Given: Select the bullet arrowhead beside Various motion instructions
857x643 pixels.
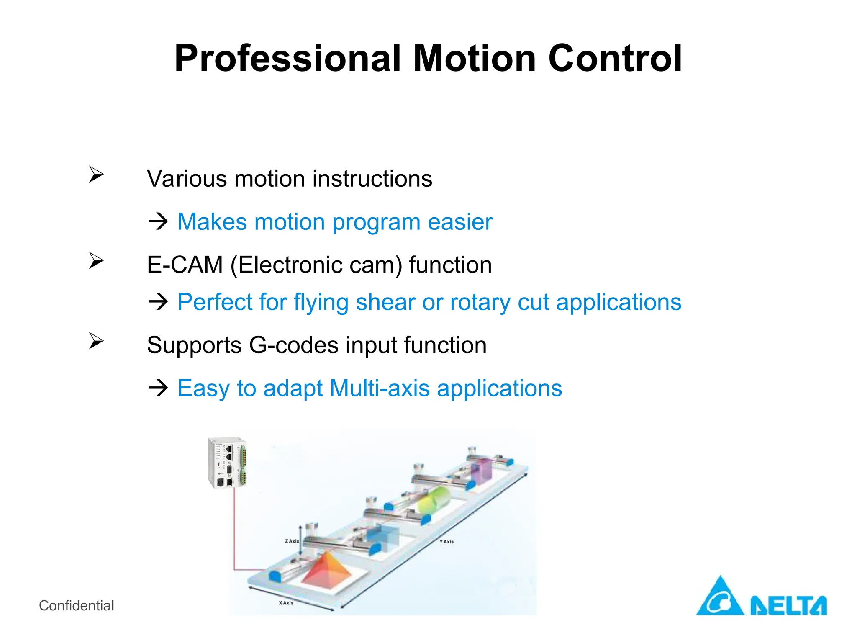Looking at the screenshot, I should [96, 174].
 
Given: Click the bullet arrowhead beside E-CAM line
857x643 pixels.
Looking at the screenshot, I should [96, 261].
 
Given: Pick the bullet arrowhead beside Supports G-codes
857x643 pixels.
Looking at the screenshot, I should [96, 341].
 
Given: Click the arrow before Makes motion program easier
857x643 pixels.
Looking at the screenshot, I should [158, 221].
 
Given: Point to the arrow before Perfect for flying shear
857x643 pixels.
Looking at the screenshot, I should [158, 301].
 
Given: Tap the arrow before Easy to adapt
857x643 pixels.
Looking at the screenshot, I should [158, 388].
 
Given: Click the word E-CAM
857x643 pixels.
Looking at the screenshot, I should [185, 265].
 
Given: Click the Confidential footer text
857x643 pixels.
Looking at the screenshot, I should [76, 605].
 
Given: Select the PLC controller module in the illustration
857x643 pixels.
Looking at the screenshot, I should [227, 463].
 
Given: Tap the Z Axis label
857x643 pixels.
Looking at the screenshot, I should [292, 541].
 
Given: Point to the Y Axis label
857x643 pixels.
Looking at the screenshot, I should [446, 542].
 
